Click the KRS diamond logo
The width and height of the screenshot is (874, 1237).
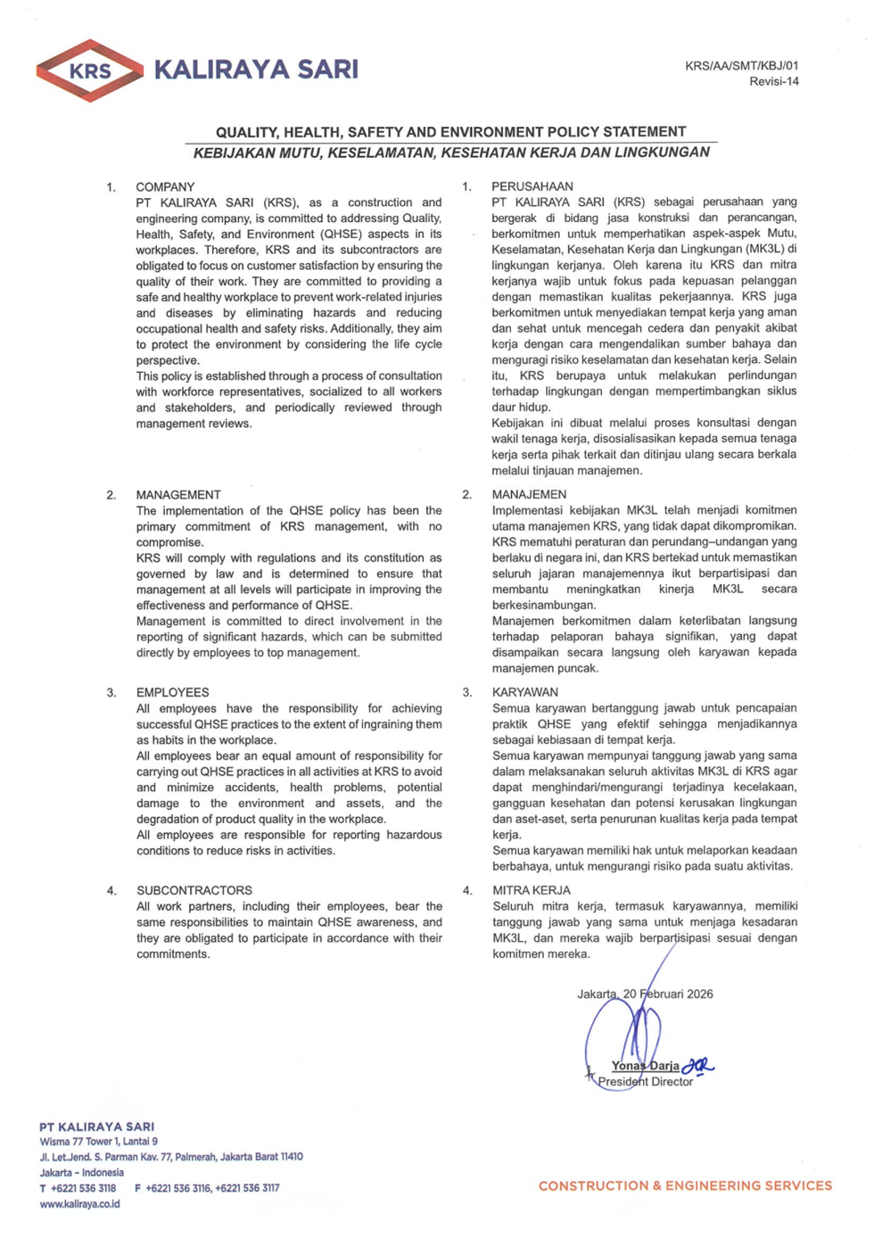click(89, 70)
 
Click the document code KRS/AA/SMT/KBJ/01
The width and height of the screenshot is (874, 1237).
click(741, 66)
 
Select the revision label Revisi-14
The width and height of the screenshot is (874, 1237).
click(773, 82)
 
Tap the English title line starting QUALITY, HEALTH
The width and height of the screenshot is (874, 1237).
click(450, 132)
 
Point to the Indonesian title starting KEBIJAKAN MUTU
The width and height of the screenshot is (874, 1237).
click(451, 153)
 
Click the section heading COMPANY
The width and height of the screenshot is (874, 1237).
click(165, 187)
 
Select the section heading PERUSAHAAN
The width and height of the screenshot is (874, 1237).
click(532, 186)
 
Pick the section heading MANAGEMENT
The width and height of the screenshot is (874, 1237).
click(178, 495)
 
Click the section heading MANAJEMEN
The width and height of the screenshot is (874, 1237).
click(529, 494)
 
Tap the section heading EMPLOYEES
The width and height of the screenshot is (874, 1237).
click(172, 692)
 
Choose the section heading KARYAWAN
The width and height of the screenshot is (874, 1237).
click(524, 692)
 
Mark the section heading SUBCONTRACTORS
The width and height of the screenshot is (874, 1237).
click(194, 890)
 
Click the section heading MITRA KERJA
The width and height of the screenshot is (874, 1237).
click(531, 890)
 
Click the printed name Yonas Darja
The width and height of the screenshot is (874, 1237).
click(645, 1066)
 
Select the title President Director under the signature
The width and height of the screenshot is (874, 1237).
click(645, 1082)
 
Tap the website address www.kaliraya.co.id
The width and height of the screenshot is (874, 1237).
click(79, 1204)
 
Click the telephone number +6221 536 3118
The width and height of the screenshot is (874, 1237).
click(83, 1188)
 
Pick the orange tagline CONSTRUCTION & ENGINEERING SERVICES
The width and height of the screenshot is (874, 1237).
click(685, 1186)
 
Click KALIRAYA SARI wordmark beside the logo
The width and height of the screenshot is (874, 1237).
click(256, 70)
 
